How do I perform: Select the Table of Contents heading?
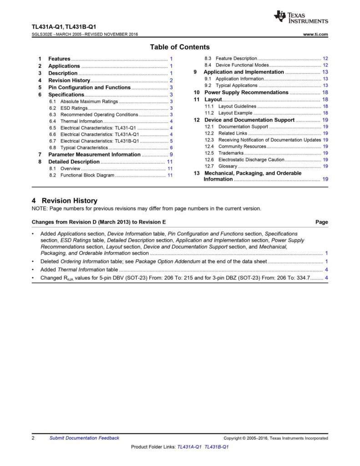180,47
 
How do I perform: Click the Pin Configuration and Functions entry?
89,87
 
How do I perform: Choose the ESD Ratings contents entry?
74,108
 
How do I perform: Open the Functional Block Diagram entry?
87,175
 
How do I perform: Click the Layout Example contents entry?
235,113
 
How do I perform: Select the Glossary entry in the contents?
228,166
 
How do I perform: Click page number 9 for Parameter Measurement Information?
171,155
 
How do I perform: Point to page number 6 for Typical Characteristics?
171,148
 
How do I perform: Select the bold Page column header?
321,222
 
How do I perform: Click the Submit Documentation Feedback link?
84,438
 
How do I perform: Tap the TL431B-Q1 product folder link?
217,447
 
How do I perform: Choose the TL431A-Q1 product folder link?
190,447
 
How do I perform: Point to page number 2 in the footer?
33,438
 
